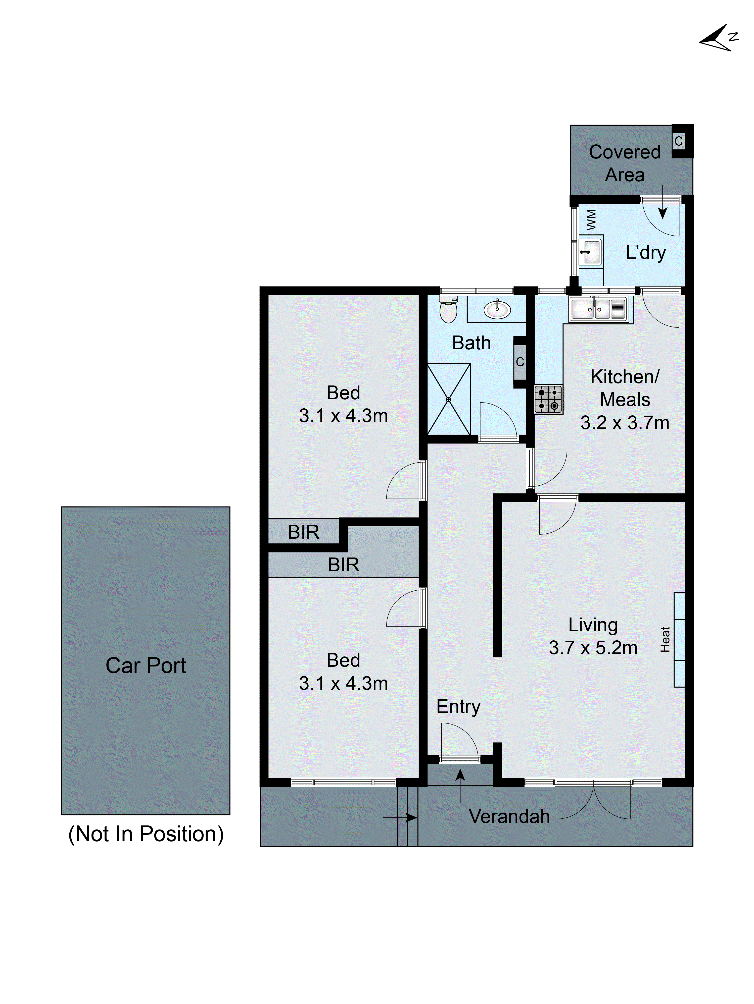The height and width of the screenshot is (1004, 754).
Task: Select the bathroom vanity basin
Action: [x=497, y=310]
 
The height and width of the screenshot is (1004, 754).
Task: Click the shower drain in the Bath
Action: [x=448, y=400]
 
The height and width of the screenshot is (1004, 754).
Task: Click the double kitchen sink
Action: [x=595, y=309]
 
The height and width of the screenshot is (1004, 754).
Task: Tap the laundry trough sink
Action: [x=590, y=252]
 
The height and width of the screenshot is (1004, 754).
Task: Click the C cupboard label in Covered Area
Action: [x=678, y=141]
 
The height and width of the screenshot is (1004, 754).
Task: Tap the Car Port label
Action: [x=146, y=666]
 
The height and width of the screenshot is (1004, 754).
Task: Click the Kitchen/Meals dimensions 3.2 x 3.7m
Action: [x=625, y=423]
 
